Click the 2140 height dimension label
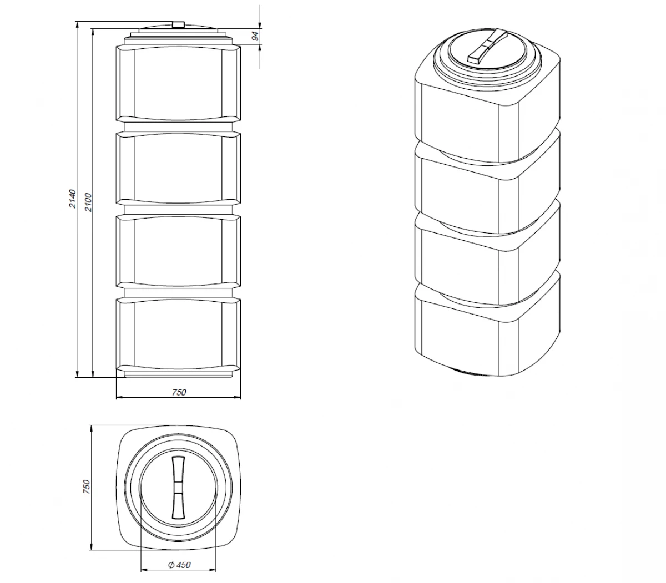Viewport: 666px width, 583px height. click(72, 199)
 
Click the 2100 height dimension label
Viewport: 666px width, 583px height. click(89, 202)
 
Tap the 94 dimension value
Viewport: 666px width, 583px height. click(256, 36)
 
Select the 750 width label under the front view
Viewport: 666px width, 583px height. click(179, 392)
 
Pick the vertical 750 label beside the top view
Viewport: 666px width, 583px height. click(86, 486)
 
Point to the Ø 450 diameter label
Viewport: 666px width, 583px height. click(179, 565)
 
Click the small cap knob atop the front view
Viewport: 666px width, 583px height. click(178, 24)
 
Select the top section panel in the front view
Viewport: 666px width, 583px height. click(178, 83)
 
